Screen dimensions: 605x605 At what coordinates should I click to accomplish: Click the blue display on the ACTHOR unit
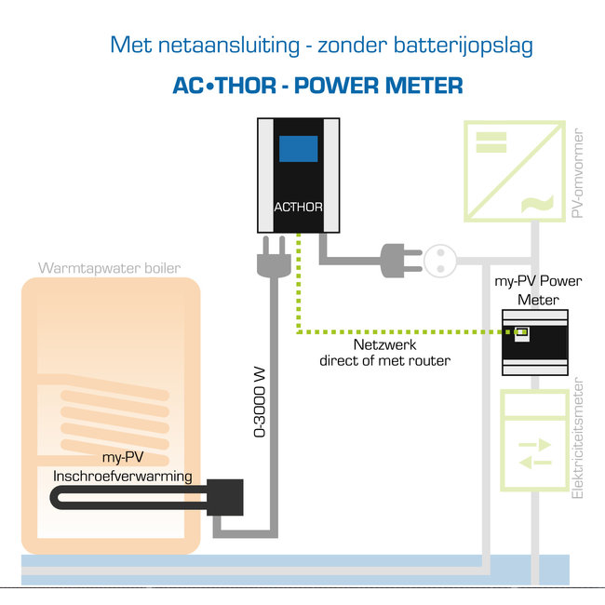298,149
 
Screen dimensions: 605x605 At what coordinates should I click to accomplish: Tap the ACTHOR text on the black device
298,207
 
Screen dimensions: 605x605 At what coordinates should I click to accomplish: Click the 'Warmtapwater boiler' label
110,269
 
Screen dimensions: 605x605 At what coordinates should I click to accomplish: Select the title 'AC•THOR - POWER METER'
318,86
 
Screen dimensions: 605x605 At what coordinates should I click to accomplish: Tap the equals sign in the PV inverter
491,141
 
